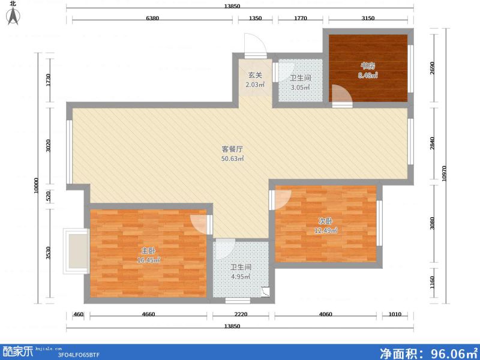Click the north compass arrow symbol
pyautogui.click(x=13, y=16)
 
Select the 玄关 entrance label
pyautogui.click(x=255, y=75)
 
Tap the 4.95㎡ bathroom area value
pyautogui.click(x=240, y=277)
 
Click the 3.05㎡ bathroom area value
pyautogui.click(x=300, y=88)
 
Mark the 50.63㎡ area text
pyautogui.click(x=233, y=158)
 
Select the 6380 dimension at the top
pyautogui.click(x=152, y=18)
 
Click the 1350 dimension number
pyautogui.click(x=255, y=18)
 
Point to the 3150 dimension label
pyautogui.click(x=368, y=18)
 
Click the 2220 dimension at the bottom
pyautogui.click(x=240, y=314)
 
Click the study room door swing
pyautogui.click(x=338, y=94)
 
